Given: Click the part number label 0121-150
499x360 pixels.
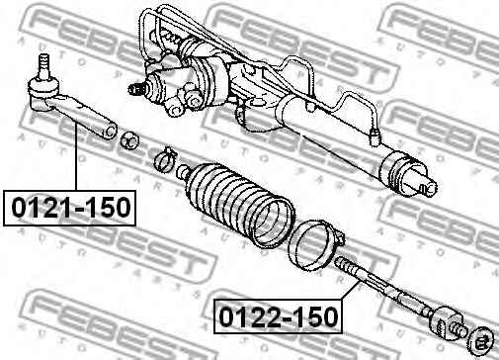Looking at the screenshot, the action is point(71,208).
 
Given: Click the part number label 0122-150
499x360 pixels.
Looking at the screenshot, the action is point(279,316).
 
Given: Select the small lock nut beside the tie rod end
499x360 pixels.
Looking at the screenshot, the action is point(129,139).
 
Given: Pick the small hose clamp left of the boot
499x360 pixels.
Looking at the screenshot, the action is point(164,159).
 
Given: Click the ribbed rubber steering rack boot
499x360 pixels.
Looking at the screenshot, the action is point(238,205).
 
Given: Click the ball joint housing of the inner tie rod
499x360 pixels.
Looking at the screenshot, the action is point(446,320).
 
